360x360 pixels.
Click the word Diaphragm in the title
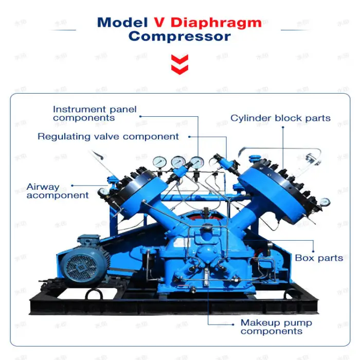[216, 23]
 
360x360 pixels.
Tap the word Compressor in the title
[179, 37]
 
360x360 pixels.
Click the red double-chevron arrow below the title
[179, 65]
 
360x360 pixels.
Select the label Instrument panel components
[95, 114]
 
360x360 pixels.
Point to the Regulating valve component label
[108, 137]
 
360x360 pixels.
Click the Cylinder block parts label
[280, 118]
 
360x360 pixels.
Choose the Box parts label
[319, 258]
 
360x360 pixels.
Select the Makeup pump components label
[276, 327]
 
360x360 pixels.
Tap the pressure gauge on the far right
[325, 202]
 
